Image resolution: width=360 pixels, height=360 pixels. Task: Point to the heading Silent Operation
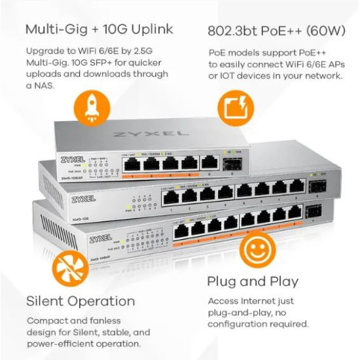click(x=81, y=301)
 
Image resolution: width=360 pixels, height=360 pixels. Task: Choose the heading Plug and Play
click(x=253, y=281)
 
